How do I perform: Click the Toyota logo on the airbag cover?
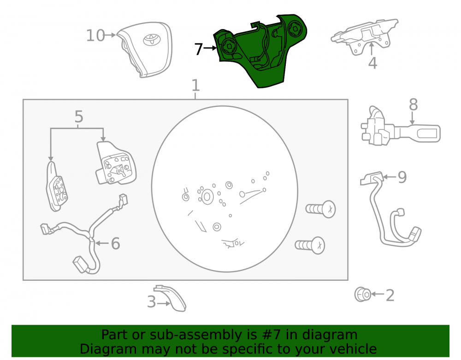click(x=152, y=40)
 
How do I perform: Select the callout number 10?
click(x=95, y=35)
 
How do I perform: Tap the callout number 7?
click(x=199, y=49)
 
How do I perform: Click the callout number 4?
click(x=372, y=63)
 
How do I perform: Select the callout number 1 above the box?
click(x=195, y=85)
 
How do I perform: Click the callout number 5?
click(x=78, y=116)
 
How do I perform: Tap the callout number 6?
click(x=115, y=243)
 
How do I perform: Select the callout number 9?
click(x=402, y=177)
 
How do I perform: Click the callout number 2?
click(x=390, y=295)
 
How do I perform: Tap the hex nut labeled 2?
click(x=363, y=294)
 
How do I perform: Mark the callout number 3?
click(x=151, y=302)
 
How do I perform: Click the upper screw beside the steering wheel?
click(x=321, y=209)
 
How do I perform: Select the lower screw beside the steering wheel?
click(x=310, y=245)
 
